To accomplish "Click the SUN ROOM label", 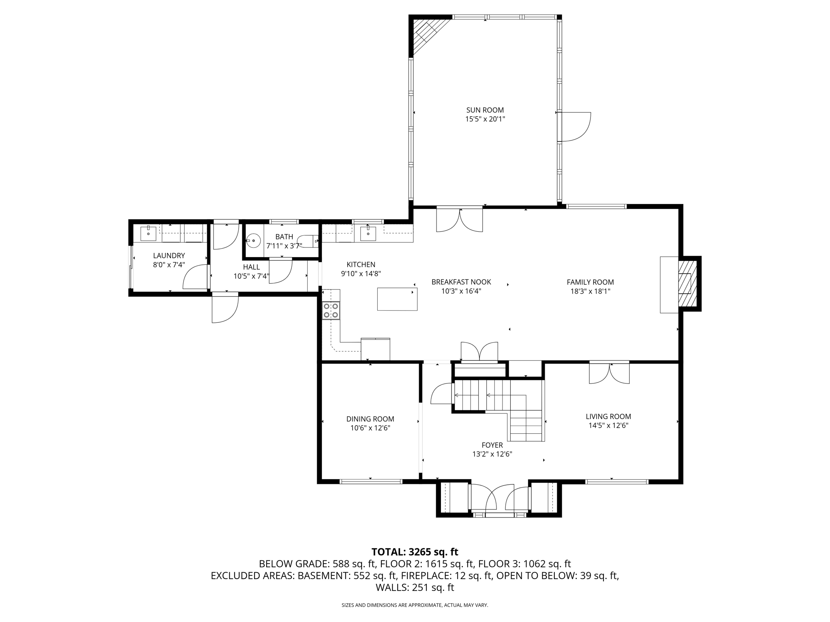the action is coord(485,110).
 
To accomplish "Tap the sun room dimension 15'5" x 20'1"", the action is coord(485,119).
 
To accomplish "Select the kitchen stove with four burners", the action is coord(331,311).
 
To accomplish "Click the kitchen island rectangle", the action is coord(397,299).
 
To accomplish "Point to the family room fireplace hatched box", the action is coord(688,283).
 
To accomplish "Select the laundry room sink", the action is coord(149,234).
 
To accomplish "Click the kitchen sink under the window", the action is coord(368,234).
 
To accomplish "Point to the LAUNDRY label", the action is coord(169,256).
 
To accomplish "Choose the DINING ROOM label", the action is coord(370,419).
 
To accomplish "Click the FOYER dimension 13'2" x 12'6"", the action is coord(492,454).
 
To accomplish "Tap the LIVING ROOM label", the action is coord(608,416).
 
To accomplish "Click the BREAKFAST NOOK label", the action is coord(461,282).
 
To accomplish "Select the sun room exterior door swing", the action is coord(574,127).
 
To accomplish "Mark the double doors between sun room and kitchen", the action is coord(460,219).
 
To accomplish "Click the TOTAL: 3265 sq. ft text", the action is coord(415,552).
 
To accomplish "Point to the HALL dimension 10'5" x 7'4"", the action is coord(251,277).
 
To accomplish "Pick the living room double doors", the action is coord(609,372).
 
